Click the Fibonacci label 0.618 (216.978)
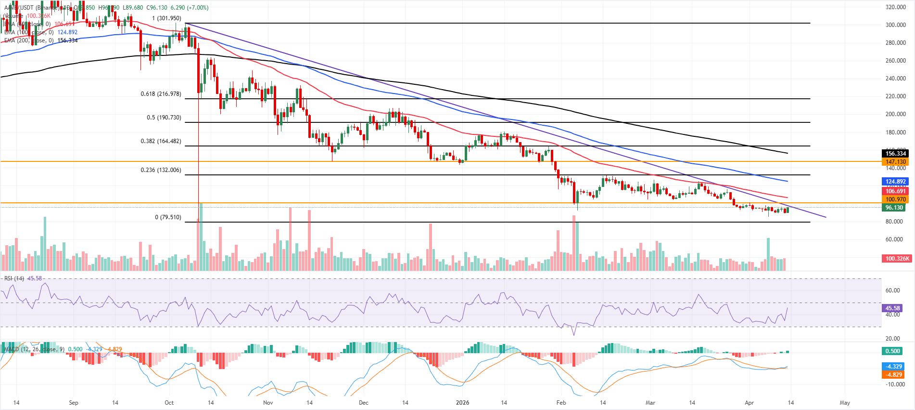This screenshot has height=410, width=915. [x=161, y=94]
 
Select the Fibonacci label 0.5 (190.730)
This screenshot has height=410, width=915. [x=164, y=118]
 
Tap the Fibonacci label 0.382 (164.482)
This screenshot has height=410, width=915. [x=161, y=141]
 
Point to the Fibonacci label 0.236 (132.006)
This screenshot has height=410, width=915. [x=161, y=170]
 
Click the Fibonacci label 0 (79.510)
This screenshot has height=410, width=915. [x=168, y=217]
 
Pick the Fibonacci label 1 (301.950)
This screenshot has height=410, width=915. [x=166, y=18]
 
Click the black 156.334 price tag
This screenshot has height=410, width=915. [x=895, y=154]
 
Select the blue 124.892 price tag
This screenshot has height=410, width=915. [x=895, y=182]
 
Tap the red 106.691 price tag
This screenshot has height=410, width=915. [x=895, y=191]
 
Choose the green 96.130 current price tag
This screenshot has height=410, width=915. [x=894, y=208]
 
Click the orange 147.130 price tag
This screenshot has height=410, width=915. [x=895, y=162]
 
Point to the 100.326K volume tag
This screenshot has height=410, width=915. [x=897, y=259]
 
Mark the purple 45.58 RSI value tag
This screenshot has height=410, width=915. [x=892, y=308]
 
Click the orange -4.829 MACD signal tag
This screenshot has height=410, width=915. [x=894, y=375]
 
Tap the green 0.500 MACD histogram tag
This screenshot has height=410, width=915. [x=893, y=351]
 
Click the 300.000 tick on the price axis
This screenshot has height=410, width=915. [x=896, y=25]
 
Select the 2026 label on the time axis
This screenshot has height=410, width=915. [x=462, y=403]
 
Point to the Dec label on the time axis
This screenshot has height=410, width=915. [x=363, y=403]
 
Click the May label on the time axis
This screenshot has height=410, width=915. [x=845, y=403]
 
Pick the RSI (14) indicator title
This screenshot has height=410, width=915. [x=14, y=278]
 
